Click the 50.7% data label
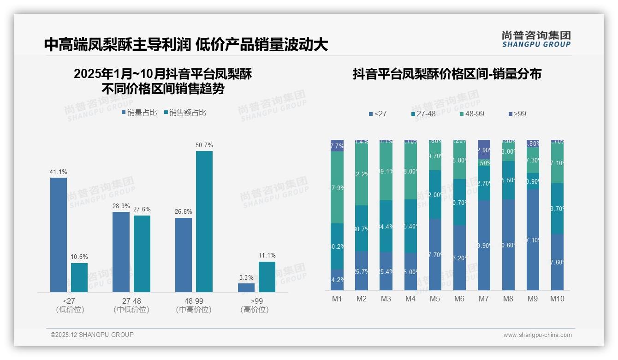pos(204,145)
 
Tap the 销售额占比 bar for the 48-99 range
pos(204,222)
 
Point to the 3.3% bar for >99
pos(246,288)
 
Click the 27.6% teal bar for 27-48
pos(142,253)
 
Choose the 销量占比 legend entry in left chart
pos(139,113)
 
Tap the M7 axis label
pos(483,299)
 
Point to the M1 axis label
pos(337,299)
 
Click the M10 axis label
pos(557,299)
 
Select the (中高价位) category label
pos(194,310)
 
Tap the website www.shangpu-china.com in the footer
pos(537,335)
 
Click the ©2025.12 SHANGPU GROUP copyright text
pos(92,335)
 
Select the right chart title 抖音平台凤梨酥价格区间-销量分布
pos(447,74)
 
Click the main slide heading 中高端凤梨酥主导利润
pos(119,45)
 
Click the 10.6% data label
pos(79,257)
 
